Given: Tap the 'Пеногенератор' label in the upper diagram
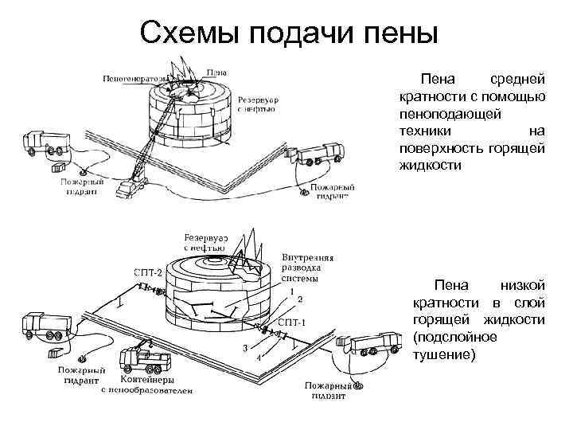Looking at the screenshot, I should tap(135, 78).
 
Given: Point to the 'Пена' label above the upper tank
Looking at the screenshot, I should tap(216, 72).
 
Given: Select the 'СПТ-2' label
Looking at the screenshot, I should tap(148, 273).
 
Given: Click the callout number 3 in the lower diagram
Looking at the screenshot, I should tap(246, 348).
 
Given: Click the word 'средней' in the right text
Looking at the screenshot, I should tap(516, 80).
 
